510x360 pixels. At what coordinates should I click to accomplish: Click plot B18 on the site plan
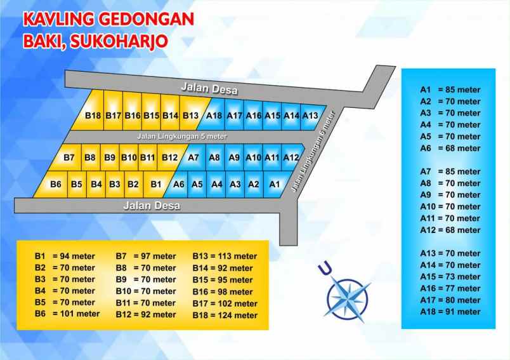93,115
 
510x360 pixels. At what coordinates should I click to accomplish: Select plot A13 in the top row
310,115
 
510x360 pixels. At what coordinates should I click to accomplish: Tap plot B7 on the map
70,157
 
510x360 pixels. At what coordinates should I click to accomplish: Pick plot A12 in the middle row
291,157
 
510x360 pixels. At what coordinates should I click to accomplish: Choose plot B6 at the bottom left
56,184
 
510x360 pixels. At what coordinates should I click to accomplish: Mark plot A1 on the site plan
275,184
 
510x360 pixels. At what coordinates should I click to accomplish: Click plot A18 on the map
214,115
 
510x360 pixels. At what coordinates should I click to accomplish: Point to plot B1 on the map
155,184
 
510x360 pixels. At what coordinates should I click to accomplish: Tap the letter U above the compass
325,269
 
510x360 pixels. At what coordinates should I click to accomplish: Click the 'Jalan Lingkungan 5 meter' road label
181,136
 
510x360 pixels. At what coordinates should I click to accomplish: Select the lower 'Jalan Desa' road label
152,206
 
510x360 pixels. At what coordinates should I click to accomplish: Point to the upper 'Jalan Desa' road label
203,88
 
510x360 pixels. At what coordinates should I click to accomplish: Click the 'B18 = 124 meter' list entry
225,315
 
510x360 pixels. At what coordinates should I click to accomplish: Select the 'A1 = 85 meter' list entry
450,90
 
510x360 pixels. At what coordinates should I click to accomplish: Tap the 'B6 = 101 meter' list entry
67,314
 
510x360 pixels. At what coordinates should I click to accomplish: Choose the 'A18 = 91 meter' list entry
450,312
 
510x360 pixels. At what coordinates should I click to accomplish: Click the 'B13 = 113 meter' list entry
225,257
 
